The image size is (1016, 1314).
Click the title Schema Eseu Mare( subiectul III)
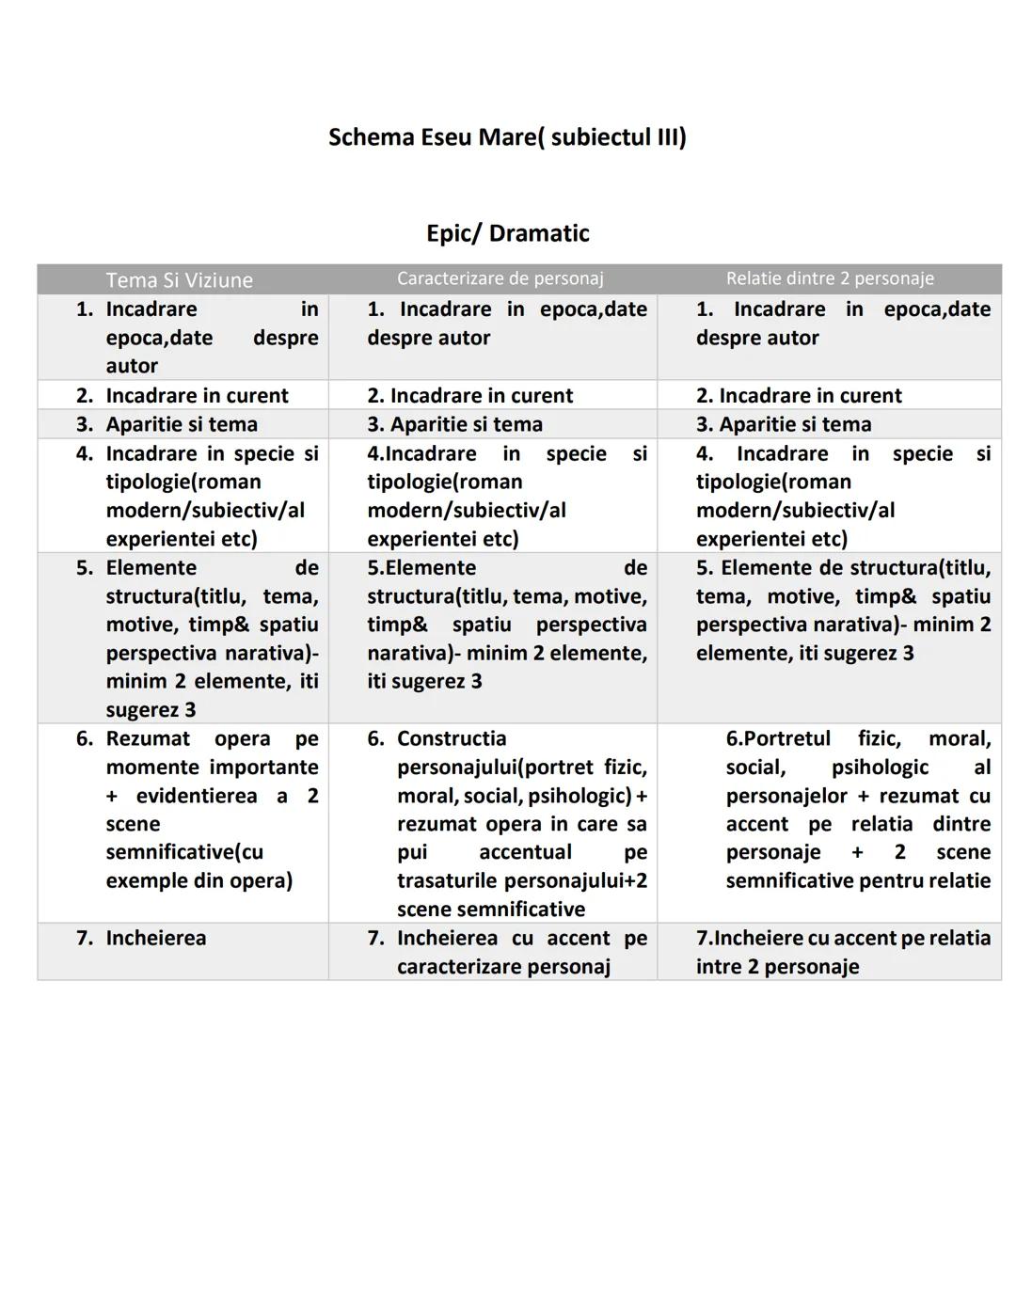[507, 137]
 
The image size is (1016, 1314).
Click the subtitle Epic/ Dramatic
[507, 233]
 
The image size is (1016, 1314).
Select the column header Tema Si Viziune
[179, 280]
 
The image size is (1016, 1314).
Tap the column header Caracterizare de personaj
[500, 278]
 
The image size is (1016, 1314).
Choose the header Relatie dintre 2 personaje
[829, 278]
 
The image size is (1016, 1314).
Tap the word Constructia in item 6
[451, 738]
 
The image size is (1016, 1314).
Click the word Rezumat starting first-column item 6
[147, 738]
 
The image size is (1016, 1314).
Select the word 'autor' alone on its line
[132, 366]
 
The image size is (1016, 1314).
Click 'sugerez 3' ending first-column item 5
[151, 710]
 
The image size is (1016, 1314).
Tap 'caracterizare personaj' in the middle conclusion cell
[503, 967]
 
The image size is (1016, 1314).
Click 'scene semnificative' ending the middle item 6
[490, 910]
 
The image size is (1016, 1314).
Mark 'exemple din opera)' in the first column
[198, 880]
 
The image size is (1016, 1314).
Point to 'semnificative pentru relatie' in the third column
[857, 880]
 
